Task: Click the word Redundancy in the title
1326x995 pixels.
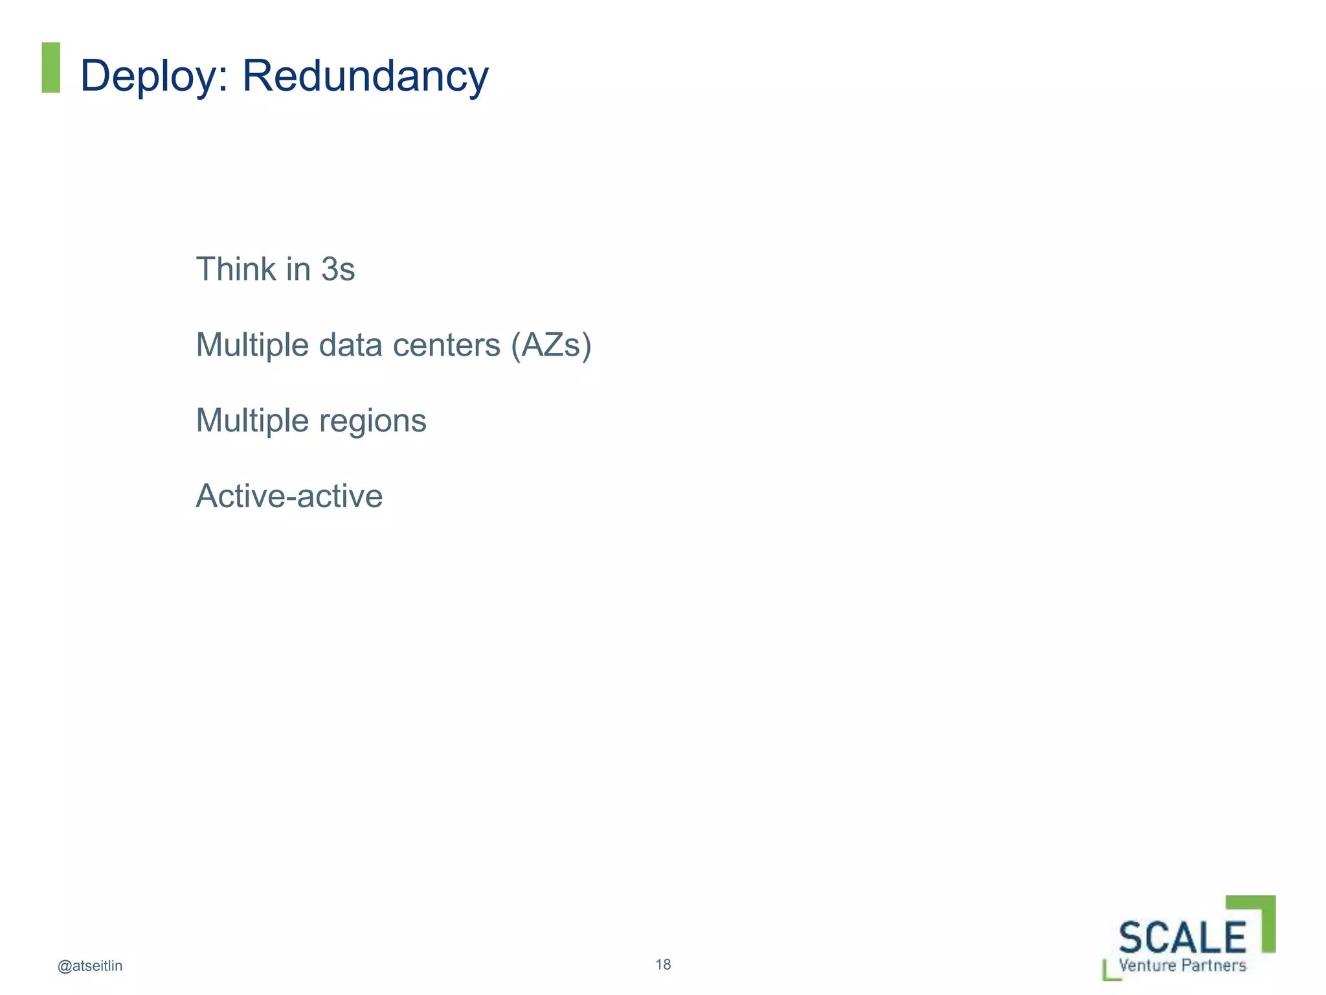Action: [x=365, y=76]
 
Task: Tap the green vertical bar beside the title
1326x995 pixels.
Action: [x=51, y=67]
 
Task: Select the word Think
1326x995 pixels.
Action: [x=236, y=269]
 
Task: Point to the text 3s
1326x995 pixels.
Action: [x=338, y=269]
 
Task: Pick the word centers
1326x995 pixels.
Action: [x=447, y=345]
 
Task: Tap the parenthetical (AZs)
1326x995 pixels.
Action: [x=551, y=345]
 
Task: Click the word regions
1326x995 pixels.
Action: [x=373, y=421]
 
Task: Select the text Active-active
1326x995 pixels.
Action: [x=289, y=496]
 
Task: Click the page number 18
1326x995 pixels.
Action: [x=663, y=965]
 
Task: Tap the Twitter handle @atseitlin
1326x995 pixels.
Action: [x=90, y=966]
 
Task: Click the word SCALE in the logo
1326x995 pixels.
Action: [x=1182, y=937]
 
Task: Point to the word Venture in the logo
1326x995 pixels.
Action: [x=1147, y=965]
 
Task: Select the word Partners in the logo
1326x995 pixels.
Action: [x=1214, y=965]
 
